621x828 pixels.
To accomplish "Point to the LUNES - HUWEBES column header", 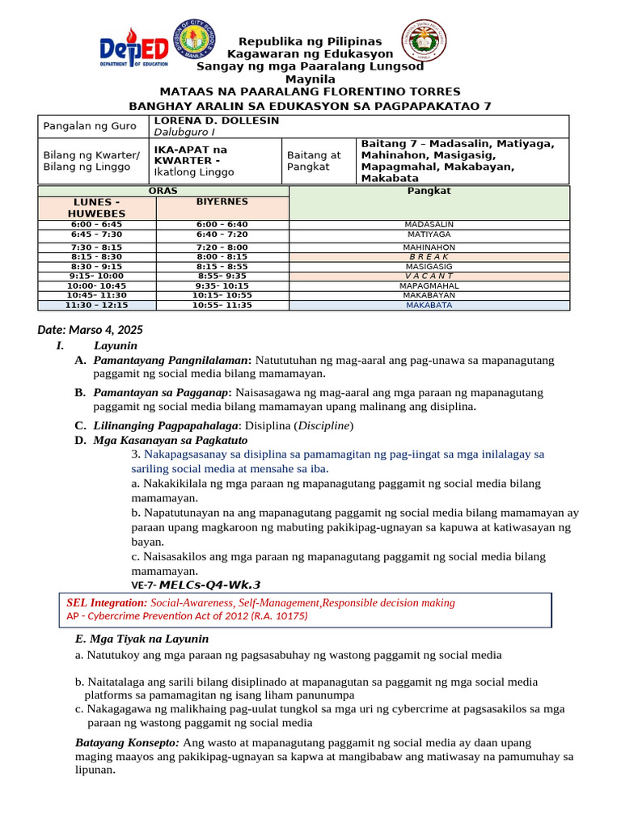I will click(x=97, y=207).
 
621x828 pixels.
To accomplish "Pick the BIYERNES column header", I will click(x=222, y=201).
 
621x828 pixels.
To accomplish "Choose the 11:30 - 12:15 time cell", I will click(x=97, y=306).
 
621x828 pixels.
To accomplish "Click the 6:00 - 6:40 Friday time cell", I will click(x=222, y=224).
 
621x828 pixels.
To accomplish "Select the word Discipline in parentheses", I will click(x=323, y=425).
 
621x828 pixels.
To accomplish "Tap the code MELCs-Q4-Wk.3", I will click(x=209, y=585).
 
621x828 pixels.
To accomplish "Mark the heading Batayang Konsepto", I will click(x=127, y=741).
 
